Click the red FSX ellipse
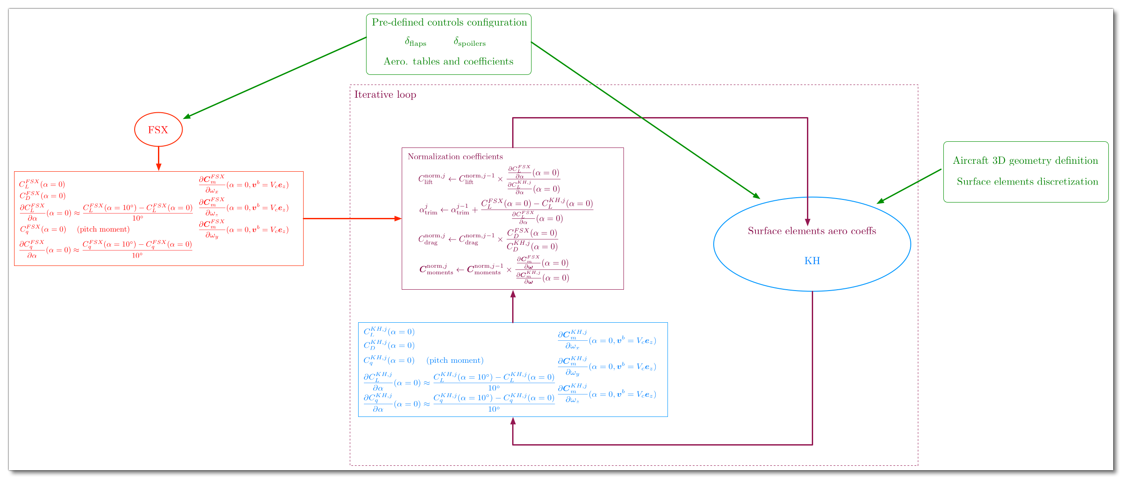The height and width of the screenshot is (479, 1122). point(158,129)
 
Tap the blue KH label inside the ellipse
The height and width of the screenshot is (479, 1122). point(812,261)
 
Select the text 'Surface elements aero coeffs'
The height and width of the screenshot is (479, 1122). point(812,231)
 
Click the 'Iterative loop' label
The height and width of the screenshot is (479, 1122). point(385,95)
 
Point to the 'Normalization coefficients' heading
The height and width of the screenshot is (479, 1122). point(455,157)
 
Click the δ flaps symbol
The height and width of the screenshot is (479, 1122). point(415,42)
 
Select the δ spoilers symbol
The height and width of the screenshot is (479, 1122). point(469,42)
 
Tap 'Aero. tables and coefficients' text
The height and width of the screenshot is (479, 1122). point(448,62)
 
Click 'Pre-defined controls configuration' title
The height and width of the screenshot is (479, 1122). point(449,22)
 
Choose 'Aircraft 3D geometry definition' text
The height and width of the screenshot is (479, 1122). point(1025,161)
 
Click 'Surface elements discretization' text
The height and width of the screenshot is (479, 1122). point(1027,182)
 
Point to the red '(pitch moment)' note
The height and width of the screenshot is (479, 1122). point(103,229)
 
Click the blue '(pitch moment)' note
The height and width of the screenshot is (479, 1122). point(455,361)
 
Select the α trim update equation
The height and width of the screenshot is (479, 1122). point(506,210)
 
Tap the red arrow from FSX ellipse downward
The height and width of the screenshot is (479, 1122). point(158,158)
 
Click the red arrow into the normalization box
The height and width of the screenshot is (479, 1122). point(352,218)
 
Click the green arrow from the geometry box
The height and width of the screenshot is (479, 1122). point(909,186)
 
